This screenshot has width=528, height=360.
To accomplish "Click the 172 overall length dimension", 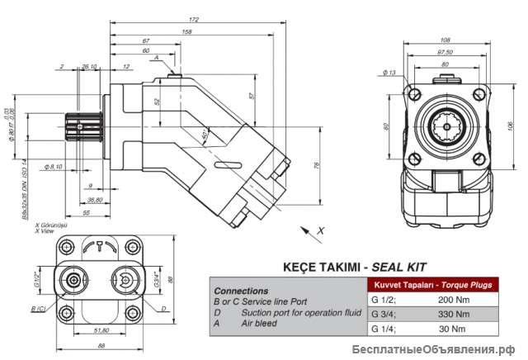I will tap(193, 19).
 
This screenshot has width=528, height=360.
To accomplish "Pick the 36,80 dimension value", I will tap(94, 199).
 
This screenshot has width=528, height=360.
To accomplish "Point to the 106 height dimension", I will tap(509, 125).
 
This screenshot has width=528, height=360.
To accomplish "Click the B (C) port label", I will tap(38, 308).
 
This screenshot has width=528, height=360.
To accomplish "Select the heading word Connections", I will tap(240, 291).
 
